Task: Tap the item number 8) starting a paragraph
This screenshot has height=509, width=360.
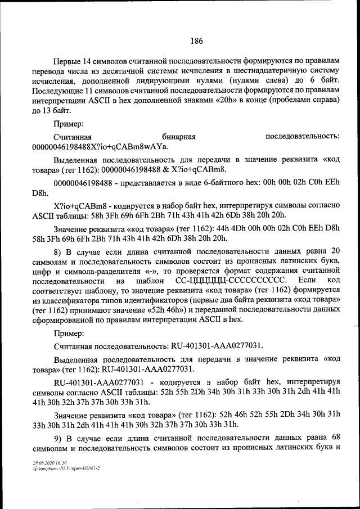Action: click(58, 249)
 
